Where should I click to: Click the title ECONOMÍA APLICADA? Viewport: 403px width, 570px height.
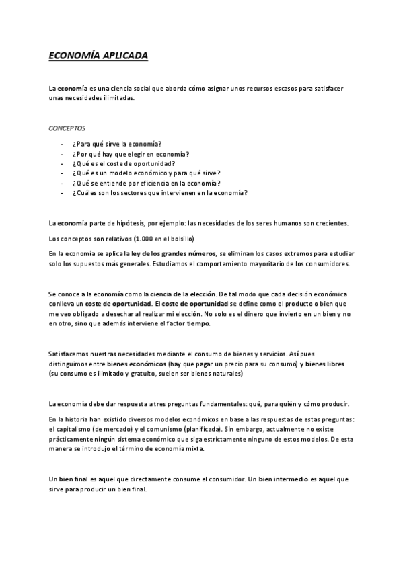click(98, 57)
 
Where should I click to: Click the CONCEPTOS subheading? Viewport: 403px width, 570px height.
click(67, 127)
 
